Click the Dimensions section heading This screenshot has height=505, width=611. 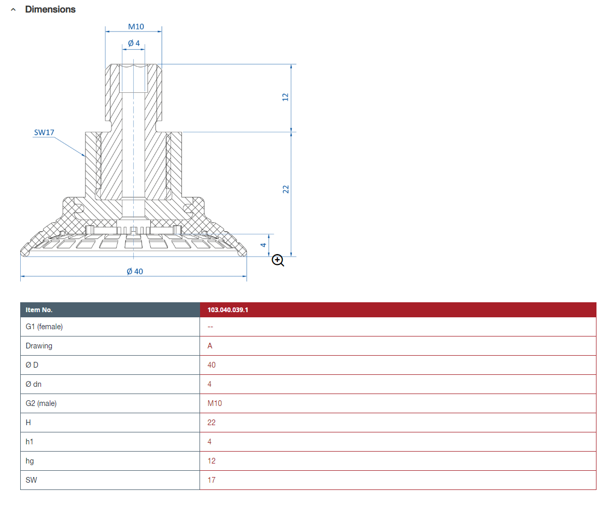click(x=50, y=9)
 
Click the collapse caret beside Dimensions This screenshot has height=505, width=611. click(x=13, y=10)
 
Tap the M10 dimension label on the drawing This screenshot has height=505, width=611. click(x=136, y=26)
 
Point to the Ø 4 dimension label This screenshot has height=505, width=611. click(x=134, y=43)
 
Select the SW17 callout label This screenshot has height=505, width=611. click(x=44, y=133)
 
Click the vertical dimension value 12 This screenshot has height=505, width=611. click(x=285, y=97)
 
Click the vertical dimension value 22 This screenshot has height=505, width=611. click(x=286, y=189)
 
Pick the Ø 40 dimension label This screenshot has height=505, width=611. click(x=135, y=271)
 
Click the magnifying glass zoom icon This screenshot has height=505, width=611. click(x=278, y=260)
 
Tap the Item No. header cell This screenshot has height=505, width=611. click(x=39, y=310)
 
